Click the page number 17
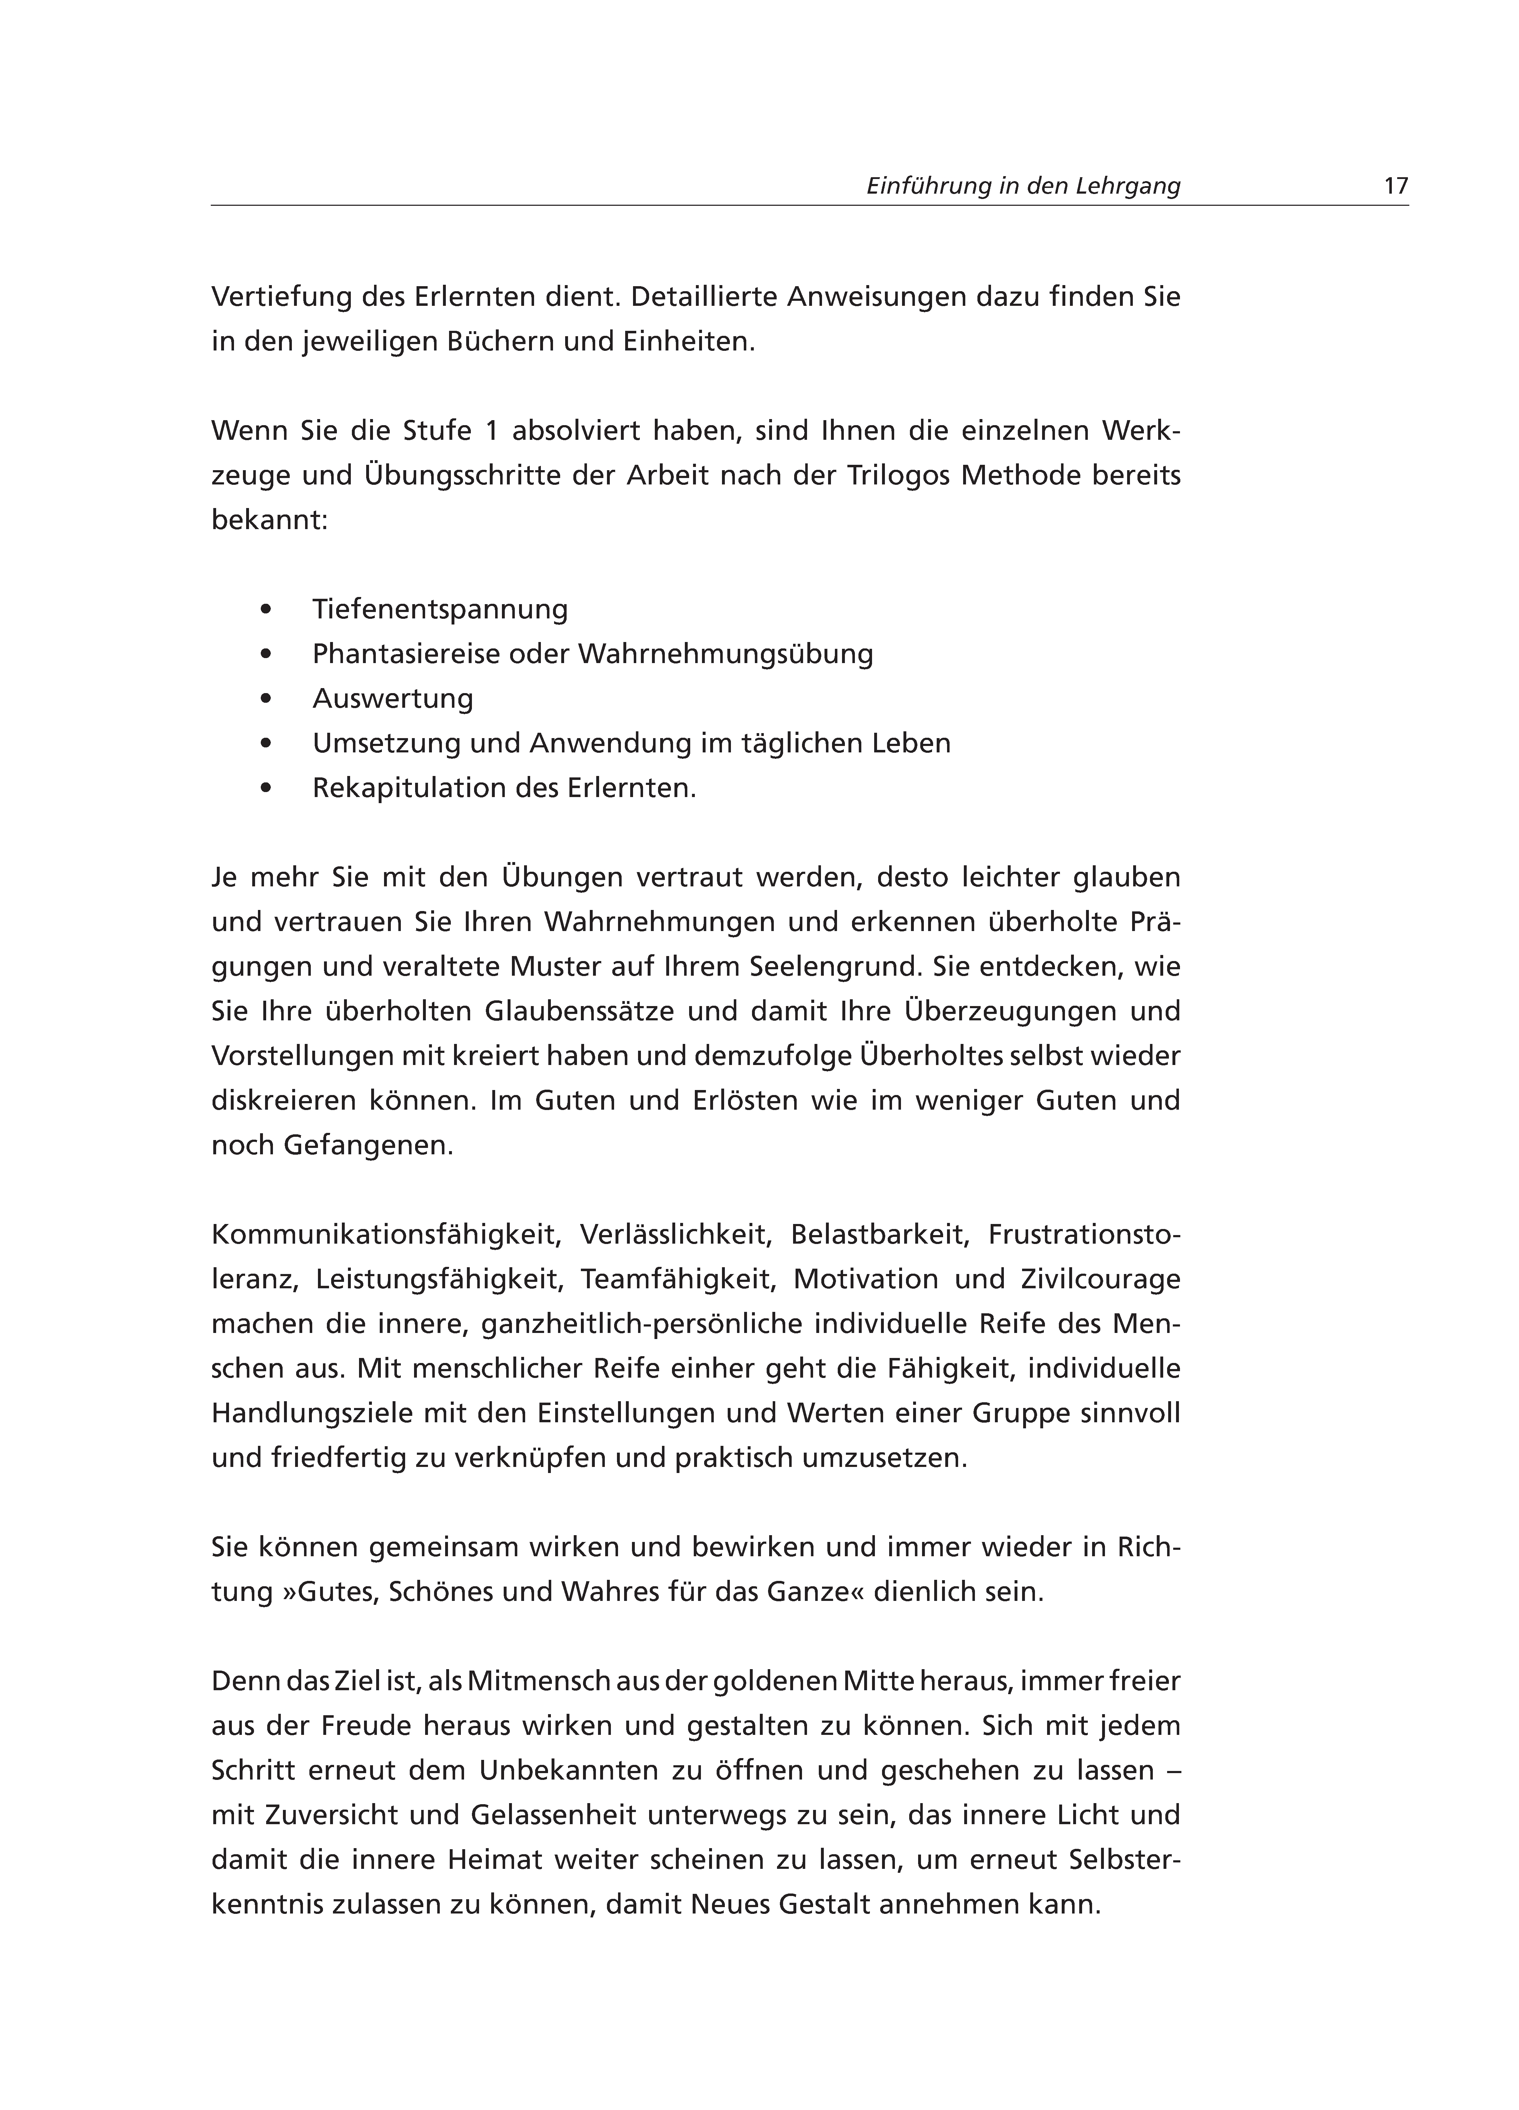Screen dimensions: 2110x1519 (1395, 186)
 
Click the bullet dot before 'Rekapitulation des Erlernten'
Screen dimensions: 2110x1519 (267, 788)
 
